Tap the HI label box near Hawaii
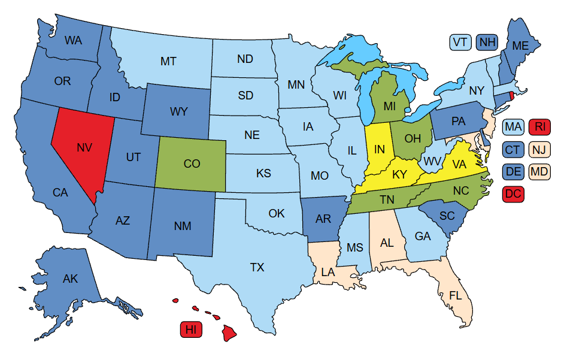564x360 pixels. pos(191,329)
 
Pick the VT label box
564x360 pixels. pos(460,42)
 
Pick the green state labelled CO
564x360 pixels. pos(192,163)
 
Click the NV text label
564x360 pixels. pos(84,146)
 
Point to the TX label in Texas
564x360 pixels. pos(256,267)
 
